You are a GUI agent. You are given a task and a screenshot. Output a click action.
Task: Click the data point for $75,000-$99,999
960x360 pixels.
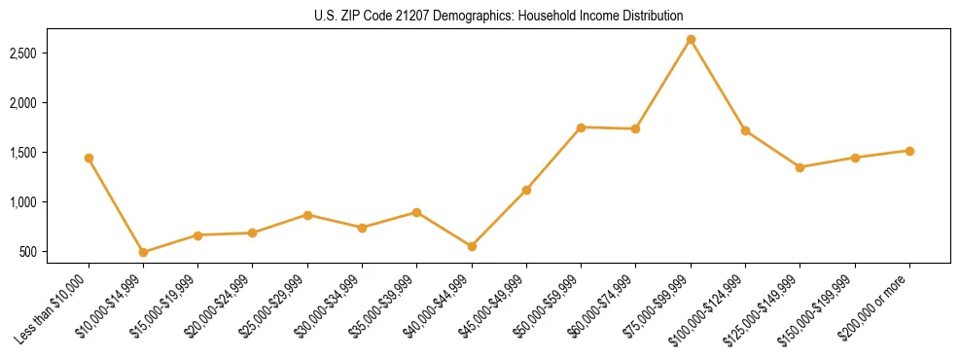pos(691,40)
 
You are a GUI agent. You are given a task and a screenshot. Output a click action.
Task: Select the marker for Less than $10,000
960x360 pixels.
pos(89,158)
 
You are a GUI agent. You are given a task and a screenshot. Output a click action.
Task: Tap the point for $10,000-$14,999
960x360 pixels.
pos(143,252)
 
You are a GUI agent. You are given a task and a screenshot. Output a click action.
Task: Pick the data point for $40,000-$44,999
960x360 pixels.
pos(472,246)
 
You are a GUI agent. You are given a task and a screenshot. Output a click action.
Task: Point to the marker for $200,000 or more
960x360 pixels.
pos(909,151)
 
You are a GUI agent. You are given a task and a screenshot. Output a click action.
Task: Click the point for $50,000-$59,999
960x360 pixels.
pos(581,127)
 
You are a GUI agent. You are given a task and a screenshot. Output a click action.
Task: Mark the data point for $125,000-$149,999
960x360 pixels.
pos(800,167)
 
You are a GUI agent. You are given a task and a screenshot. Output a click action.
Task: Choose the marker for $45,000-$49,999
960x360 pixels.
pos(526,190)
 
